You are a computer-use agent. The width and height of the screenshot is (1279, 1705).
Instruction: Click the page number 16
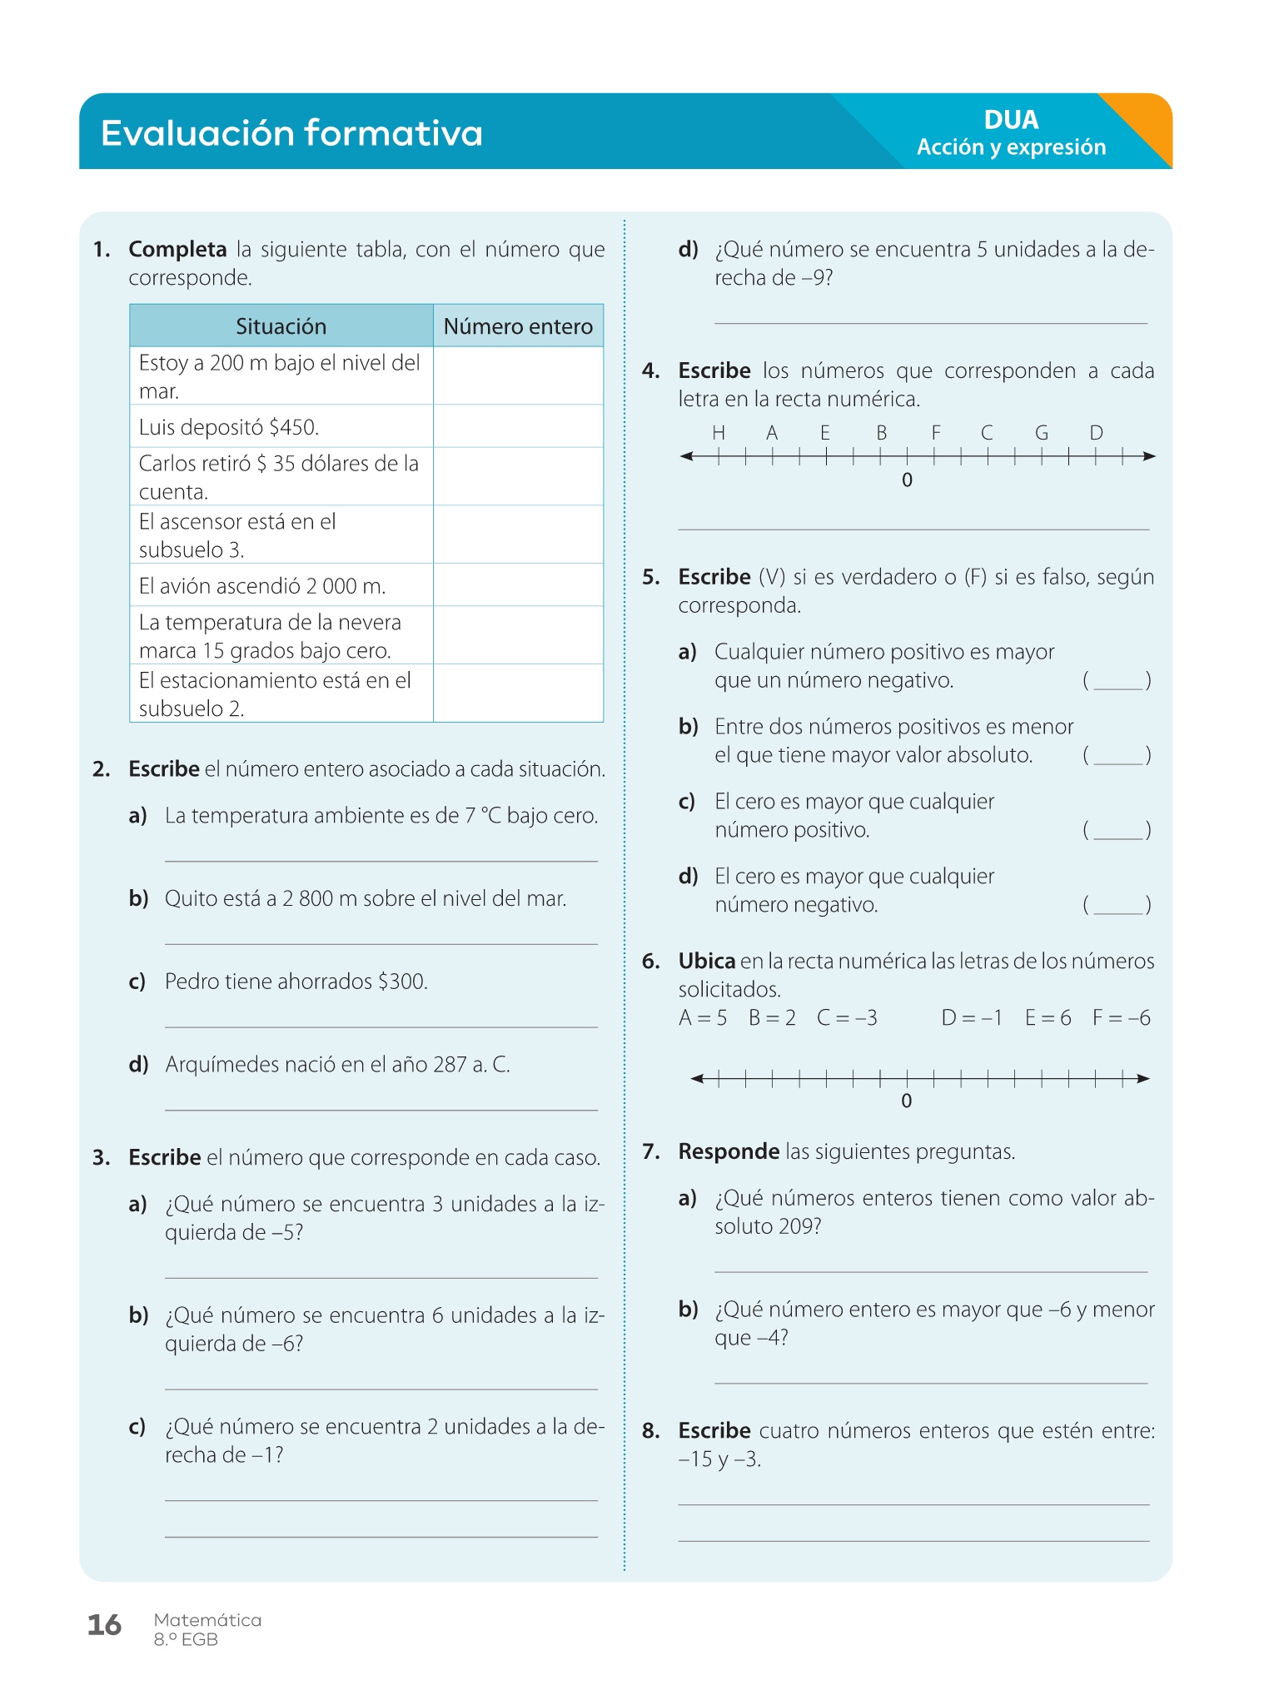105,1625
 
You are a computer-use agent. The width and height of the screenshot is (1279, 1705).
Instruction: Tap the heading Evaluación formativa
291,133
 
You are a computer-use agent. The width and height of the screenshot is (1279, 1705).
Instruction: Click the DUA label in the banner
1011,120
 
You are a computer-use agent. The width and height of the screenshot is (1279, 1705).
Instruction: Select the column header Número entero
518,326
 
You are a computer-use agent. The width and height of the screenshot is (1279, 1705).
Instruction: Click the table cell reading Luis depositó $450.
229,428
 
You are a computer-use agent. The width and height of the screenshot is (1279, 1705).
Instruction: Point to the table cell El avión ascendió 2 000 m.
262,586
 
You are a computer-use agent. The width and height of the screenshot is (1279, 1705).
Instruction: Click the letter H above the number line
719,433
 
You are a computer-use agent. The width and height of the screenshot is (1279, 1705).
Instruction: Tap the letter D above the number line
1096,433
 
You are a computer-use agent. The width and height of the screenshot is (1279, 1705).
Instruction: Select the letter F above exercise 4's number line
936,433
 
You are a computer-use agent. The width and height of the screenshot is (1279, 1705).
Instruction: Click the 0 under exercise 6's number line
907,1101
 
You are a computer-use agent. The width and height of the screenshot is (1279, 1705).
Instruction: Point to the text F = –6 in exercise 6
1121,1018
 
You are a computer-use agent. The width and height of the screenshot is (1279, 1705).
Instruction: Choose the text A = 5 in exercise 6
703,1018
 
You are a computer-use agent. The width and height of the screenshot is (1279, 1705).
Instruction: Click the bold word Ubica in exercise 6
706,962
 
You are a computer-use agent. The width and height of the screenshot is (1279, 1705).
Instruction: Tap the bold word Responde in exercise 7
729,1152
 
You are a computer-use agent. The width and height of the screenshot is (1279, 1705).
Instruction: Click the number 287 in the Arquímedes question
450,1065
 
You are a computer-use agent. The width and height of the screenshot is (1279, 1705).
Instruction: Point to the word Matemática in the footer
207,1620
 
